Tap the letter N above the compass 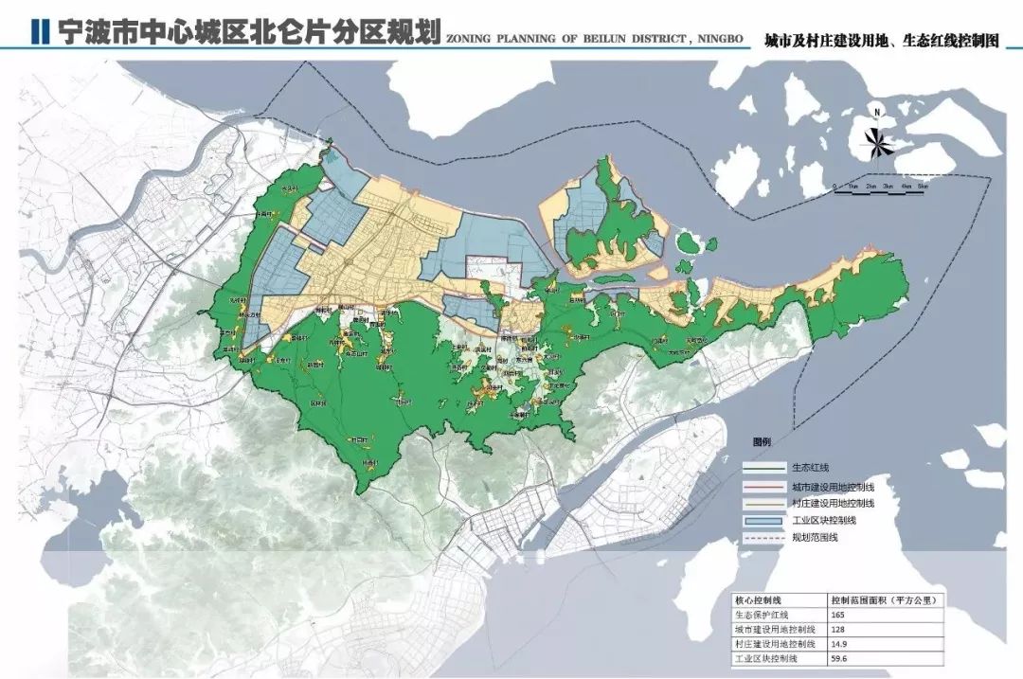878,114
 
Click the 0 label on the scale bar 834,187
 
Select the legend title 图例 763,442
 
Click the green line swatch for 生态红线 764,467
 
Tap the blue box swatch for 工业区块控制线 764,520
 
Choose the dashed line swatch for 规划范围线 764,538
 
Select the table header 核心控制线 758,600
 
